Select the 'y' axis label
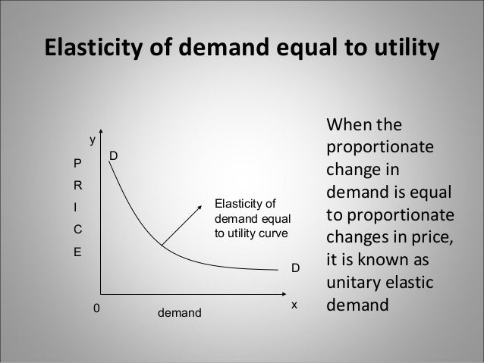[93, 140]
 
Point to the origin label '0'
[96, 308]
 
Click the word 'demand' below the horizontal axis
[179, 311]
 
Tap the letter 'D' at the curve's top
[114, 156]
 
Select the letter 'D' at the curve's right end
[296, 268]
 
